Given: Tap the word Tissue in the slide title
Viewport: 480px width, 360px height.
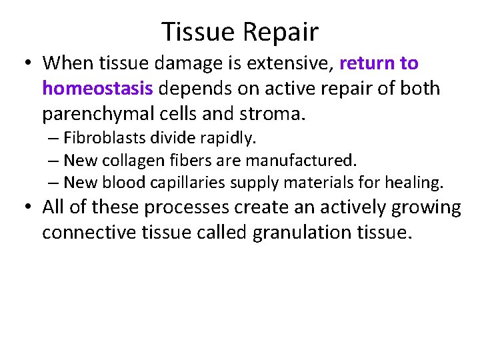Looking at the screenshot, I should tap(197, 31).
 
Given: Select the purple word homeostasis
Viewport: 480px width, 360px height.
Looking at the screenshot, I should tap(98, 89).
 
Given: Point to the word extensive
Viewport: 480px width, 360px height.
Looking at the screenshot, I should tap(286, 63).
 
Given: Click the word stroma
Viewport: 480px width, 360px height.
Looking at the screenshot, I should tap(271, 114).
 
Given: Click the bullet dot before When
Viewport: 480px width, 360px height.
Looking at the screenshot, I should tap(28, 64).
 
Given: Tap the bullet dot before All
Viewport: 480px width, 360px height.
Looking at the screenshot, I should tap(28, 208).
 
